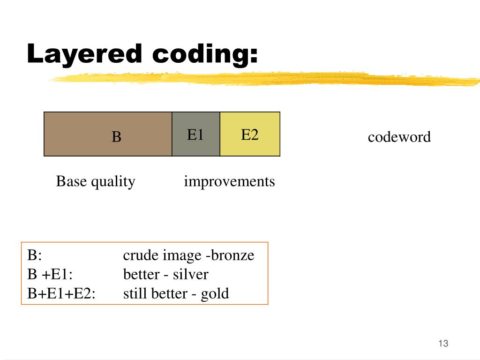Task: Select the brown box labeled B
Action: click(108, 134)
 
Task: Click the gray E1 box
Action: click(196, 134)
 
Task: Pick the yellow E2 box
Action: click(250, 134)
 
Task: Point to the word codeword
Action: click(399, 137)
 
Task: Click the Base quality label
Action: click(96, 181)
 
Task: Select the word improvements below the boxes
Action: click(229, 181)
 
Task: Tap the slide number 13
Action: click(443, 344)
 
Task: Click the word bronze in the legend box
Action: click(232, 255)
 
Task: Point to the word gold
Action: click(215, 294)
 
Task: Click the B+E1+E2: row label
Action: click(61, 294)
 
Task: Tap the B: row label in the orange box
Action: click(34, 255)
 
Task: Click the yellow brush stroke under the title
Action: click(262, 79)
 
